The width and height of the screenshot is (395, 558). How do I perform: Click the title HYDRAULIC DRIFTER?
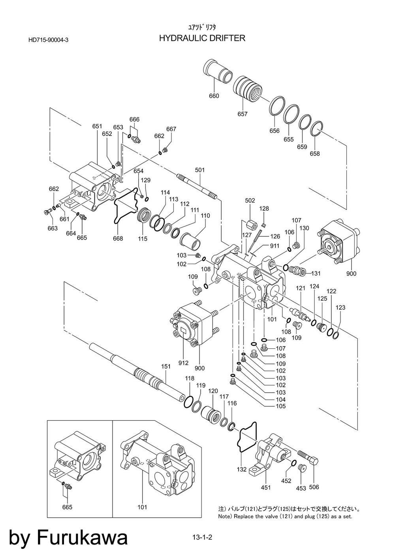[202, 38]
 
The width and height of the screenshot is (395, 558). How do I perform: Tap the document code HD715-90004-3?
[49, 40]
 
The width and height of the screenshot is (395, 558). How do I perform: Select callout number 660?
[214, 96]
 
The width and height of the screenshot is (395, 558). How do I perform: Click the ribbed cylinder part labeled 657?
[247, 89]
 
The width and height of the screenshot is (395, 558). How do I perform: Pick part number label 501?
[200, 170]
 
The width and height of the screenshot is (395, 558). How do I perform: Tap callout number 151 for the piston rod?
[166, 367]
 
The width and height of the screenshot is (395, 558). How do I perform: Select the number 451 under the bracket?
[266, 487]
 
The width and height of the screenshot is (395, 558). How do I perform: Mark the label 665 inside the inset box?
[67, 507]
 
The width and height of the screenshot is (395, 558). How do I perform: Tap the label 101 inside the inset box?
[142, 507]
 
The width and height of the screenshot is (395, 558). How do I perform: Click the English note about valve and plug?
[285, 516]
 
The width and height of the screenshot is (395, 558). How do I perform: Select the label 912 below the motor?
[183, 363]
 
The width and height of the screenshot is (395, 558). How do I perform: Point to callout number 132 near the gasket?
[242, 469]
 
